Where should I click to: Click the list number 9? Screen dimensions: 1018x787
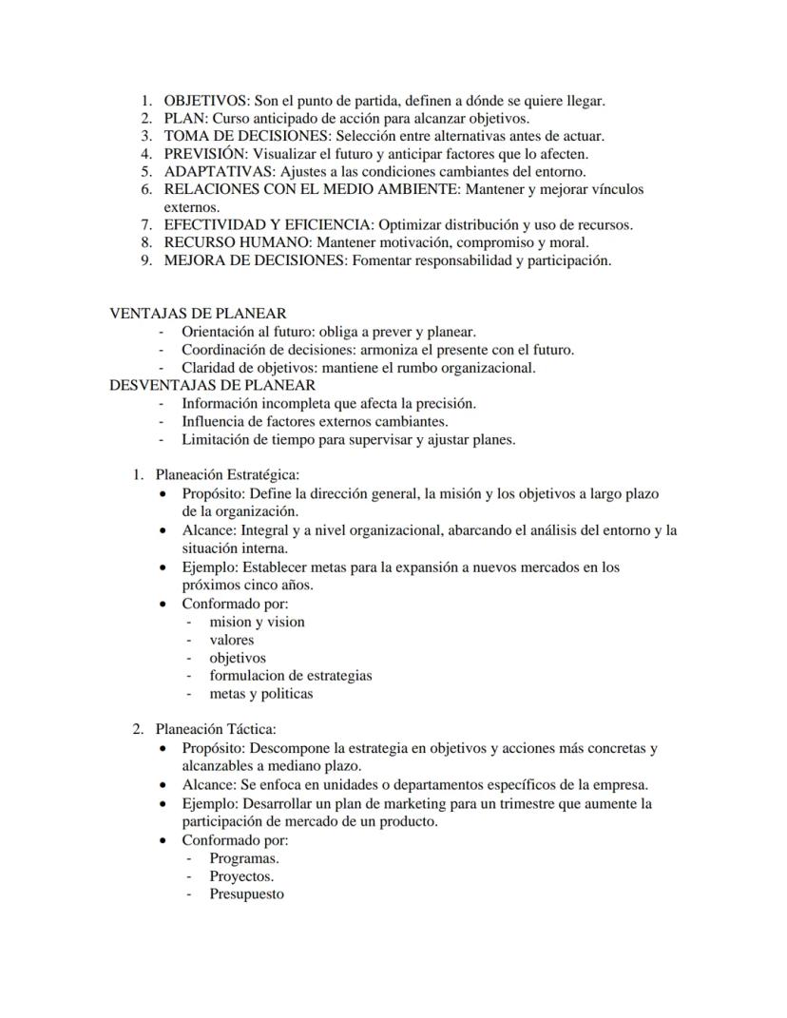coord(146,260)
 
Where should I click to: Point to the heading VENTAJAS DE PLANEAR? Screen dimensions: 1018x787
coord(198,313)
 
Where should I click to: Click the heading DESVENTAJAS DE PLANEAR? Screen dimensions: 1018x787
coord(213,385)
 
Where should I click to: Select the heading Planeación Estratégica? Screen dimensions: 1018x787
coord(227,474)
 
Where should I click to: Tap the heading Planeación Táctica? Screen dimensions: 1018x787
coord(216,729)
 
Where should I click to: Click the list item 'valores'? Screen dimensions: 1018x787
coord(231,640)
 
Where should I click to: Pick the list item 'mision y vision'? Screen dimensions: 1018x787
coord(257,622)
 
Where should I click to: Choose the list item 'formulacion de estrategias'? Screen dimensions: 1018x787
coord(290,676)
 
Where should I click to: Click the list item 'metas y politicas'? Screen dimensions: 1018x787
coord(260,694)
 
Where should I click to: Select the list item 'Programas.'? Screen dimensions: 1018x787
coord(243,858)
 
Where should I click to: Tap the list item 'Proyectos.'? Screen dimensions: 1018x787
coord(241,876)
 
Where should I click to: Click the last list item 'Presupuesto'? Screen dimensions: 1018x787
coord(246,894)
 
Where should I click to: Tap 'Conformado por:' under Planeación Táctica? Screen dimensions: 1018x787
coord(235,840)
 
